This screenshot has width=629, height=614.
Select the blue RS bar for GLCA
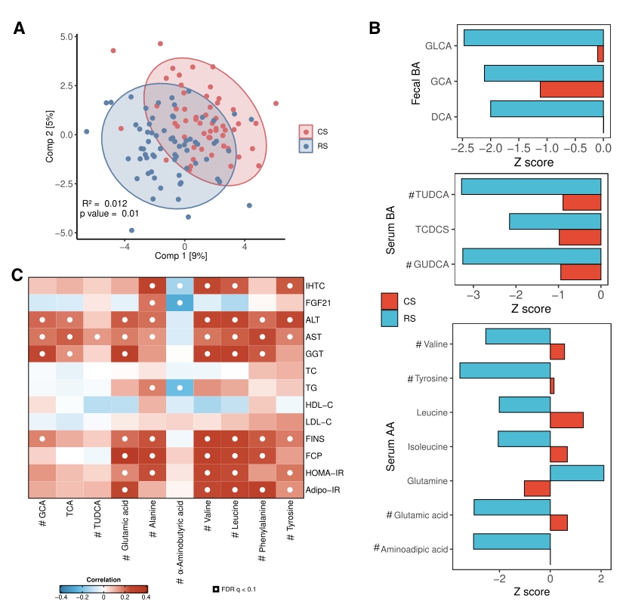533,38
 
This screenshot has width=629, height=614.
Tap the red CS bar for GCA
572,89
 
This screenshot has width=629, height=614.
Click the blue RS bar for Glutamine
577,474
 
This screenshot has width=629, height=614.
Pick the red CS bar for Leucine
566,420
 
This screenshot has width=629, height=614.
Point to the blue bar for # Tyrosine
504,370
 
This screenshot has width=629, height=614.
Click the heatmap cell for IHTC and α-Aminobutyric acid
180,286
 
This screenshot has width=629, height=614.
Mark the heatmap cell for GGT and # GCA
42,353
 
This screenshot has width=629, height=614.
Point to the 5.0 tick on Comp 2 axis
66,36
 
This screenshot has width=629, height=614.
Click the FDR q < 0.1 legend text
236,588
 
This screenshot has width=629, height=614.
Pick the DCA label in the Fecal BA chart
441,116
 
